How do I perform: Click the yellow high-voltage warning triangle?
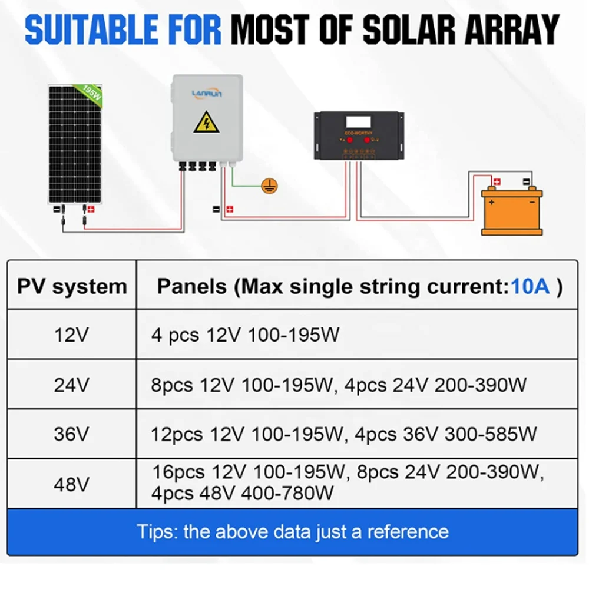(x=207, y=122)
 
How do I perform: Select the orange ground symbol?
(x=269, y=187)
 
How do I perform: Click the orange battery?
(x=511, y=211)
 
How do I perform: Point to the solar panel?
(x=75, y=144)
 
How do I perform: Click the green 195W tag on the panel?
(x=90, y=93)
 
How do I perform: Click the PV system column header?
(x=72, y=287)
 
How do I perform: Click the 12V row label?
(x=72, y=336)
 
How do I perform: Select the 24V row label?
(x=72, y=385)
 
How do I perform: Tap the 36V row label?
(x=72, y=435)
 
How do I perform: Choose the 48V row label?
(x=72, y=484)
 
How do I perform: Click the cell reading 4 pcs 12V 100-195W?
(x=246, y=336)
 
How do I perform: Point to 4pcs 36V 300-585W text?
(x=446, y=435)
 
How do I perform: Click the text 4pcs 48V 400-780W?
(x=243, y=492)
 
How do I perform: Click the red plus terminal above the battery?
(x=497, y=181)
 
